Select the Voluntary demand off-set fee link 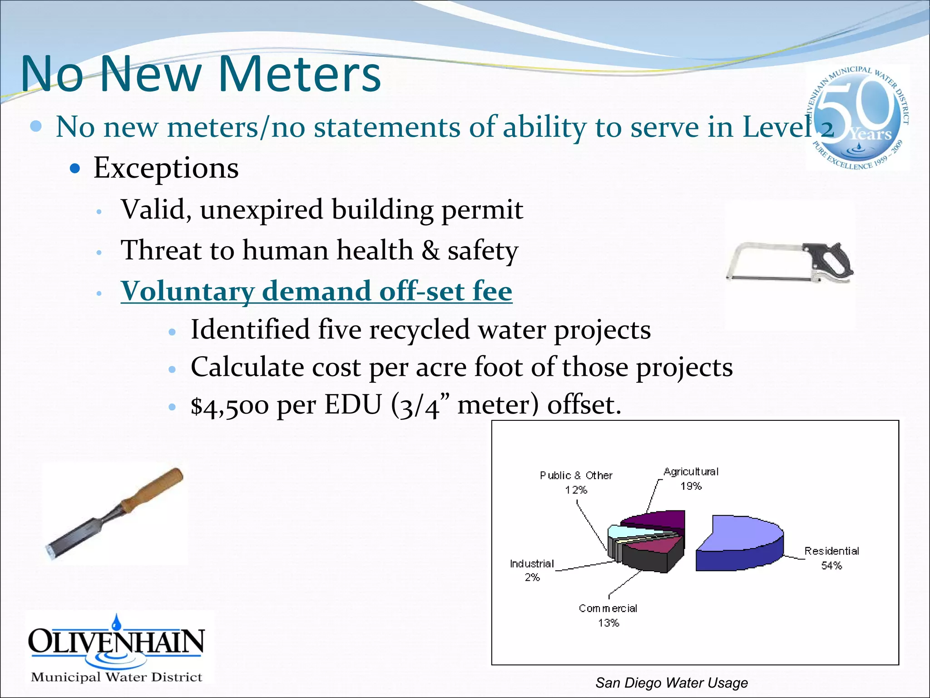tap(316, 291)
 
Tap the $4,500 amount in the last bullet tap(229, 405)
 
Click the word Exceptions tap(166, 168)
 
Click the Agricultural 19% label tap(691, 479)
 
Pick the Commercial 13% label tap(608, 615)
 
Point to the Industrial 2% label tap(532, 570)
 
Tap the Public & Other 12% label tap(576, 482)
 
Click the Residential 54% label tap(831, 558)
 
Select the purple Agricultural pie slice tap(658, 520)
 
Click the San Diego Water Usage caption tap(671, 683)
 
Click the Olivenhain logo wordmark tap(116, 641)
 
